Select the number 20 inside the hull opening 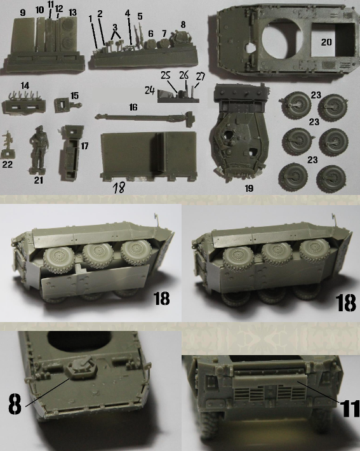[x=326, y=43]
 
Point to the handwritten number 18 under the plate [x=119, y=188]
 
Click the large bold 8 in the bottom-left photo [x=15, y=403]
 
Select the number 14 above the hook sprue [x=25, y=86]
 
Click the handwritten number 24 [x=149, y=91]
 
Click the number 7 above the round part [x=164, y=34]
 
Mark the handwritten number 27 [x=201, y=77]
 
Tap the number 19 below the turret [x=249, y=189]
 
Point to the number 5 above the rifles [x=140, y=16]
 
